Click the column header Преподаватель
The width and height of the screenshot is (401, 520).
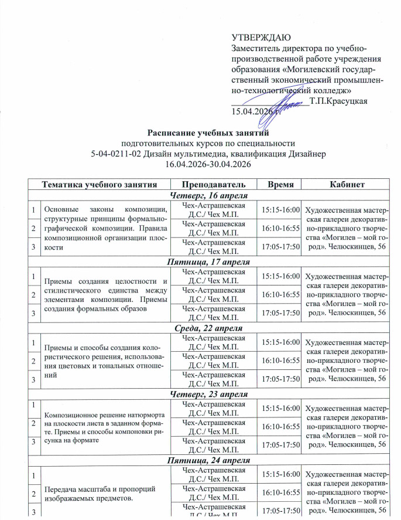pyautogui.click(x=214, y=184)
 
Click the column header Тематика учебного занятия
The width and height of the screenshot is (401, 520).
pyautogui.click(x=100, y=184)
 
